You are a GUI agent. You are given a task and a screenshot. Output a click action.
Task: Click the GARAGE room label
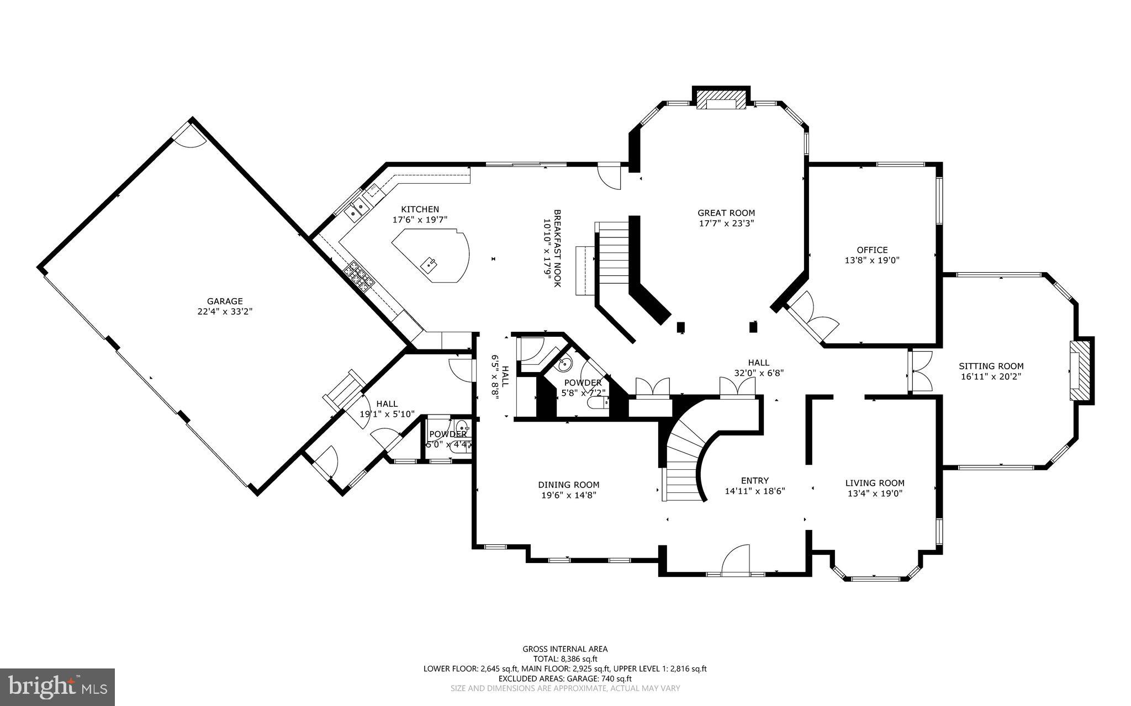tap(225, 301)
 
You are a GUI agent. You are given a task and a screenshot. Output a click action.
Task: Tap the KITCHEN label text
tap(420, 209)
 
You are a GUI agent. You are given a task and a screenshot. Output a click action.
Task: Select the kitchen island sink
tap(430, 264)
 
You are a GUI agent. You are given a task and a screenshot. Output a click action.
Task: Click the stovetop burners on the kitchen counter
tap(359, 277)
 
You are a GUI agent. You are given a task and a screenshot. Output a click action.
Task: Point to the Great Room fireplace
tap(721, 103)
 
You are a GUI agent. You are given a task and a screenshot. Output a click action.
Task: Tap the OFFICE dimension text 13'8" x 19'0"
tap(872, 260)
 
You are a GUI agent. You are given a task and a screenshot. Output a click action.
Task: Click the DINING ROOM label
tap(568, 485)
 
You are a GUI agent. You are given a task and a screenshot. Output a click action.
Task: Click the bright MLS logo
tap(57, 686)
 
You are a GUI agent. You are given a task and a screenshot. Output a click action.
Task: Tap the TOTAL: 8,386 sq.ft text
tap(565, 659)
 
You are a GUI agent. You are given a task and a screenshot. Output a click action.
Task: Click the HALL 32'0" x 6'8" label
tap(759, 368)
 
